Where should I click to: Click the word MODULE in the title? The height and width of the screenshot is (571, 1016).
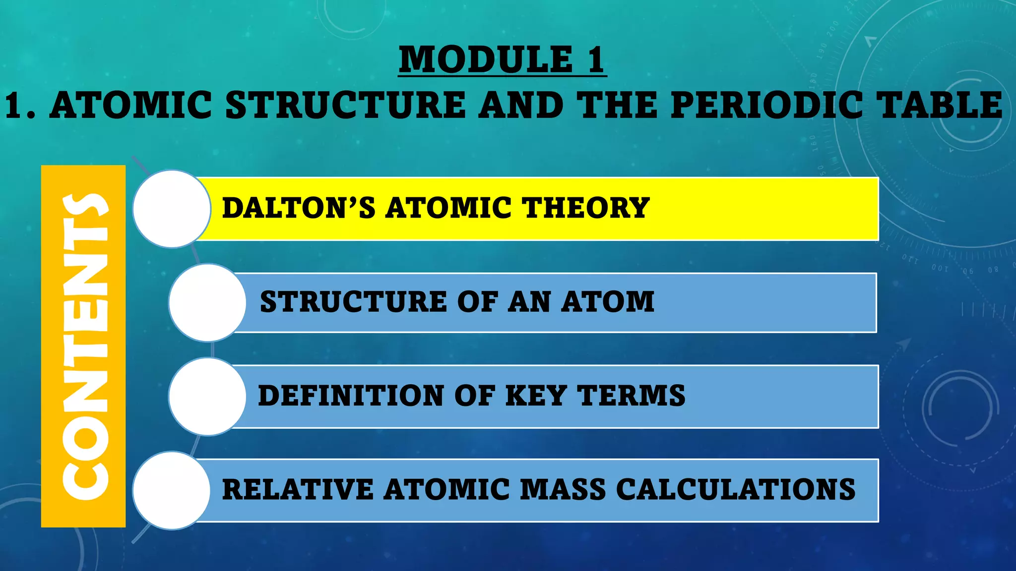click(x=486, y=60)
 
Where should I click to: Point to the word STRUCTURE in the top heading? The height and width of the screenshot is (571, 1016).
click(x=345, y=105)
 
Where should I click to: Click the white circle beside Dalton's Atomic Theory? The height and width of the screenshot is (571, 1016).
click(x=172, y=209)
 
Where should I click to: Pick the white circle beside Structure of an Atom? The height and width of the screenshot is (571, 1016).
click(x=207, y=302)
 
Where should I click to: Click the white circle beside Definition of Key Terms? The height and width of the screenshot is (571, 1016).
click(x=207, y=397)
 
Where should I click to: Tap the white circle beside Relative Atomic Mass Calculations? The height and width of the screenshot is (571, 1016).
click(x=172, y=490)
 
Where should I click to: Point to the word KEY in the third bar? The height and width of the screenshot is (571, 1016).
click(x=535, y=396)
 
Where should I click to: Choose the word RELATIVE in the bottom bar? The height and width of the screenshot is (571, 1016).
click(x=297, y=490)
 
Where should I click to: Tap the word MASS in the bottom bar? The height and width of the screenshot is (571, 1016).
click(x=563, y=490)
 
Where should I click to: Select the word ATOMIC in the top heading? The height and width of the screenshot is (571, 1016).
click(x=131, y=105)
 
